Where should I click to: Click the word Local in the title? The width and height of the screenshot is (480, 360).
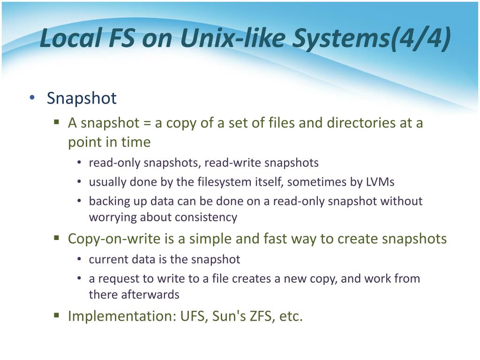[71, 38]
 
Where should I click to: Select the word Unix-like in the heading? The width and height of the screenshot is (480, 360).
[232, 38]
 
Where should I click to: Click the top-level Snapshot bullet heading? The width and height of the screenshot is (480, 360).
[82, 98]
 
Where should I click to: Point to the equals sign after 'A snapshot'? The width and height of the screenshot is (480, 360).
[147, 123]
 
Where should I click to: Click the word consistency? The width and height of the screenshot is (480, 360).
[206, 217]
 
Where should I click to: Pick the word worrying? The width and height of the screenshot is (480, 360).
[112, 217]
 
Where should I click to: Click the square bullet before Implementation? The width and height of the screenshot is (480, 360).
[56, 315]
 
